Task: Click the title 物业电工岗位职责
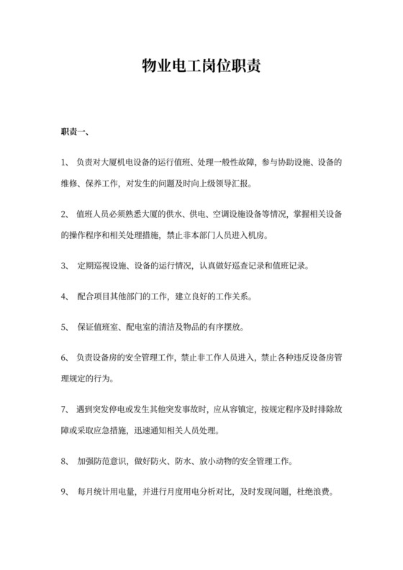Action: coord(201,68)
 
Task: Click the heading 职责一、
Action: coord(75,132)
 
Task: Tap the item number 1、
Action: coord(65,163)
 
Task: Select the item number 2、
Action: coord(65,214)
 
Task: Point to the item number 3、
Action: coord(65,266)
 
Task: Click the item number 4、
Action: coord(65,297)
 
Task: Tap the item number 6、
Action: coord(65,358)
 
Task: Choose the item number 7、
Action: coord(65,410)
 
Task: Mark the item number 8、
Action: coord(65,461)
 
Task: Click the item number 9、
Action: coord(65,492)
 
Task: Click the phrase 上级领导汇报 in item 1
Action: coord(227,184)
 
